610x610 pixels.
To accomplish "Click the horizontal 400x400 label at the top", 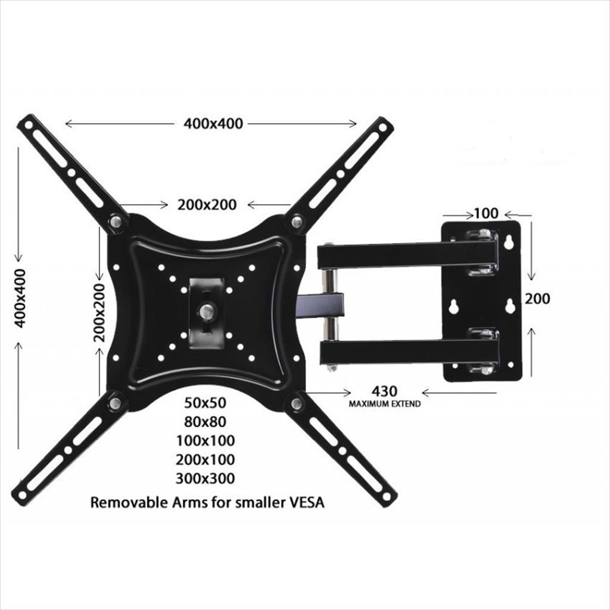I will [213, 124].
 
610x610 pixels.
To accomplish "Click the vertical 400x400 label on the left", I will [20, 297].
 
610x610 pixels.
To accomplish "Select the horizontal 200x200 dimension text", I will [207, 204].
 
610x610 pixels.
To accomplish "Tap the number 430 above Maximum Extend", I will [384, 391].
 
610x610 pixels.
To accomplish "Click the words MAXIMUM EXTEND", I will [384, 404].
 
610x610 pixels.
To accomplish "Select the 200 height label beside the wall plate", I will [537, 298].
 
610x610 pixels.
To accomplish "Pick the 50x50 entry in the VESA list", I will [206, 403].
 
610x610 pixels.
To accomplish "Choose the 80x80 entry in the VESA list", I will [206, 422].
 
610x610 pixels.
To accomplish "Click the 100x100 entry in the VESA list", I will [206, 441].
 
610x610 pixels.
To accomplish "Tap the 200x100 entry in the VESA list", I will [206, 459].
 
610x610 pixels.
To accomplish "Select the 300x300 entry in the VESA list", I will [206, 478].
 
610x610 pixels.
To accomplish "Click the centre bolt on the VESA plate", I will [207, 310].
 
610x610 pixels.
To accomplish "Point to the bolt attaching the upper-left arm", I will [116, 222].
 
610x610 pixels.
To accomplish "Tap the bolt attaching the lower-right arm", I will [296, 404].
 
